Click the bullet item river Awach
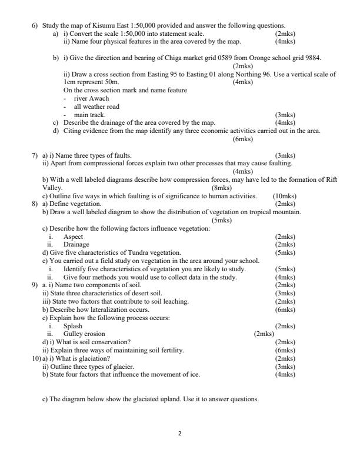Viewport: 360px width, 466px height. pos(91,99)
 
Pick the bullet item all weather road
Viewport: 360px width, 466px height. pos(96,107)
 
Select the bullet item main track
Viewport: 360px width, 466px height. pos(89,115)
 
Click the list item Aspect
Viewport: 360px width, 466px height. pos(73,237)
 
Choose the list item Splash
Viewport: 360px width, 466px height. pos(73,325)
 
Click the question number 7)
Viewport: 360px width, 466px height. pos(35,155)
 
